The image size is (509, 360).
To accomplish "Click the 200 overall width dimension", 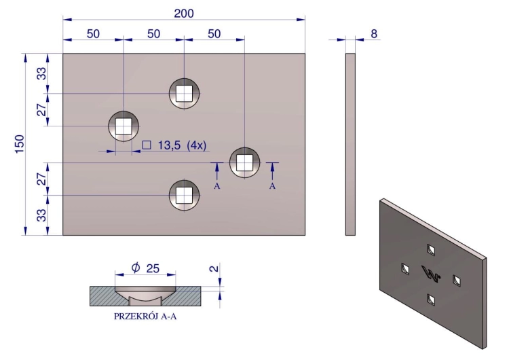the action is click(184, 14).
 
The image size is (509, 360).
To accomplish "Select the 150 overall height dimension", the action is click(20, 144).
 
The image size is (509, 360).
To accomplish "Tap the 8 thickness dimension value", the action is click(374, 33).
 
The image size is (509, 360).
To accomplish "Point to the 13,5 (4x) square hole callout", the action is click(182, 145).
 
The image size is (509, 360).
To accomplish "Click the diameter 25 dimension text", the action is click(145, 268).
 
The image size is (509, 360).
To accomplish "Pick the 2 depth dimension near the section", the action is click(214, 268).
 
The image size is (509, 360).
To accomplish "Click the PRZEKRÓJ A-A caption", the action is click(145, 316).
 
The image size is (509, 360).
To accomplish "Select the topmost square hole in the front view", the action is click(184, 93).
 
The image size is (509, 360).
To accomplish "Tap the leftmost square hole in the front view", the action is click(124, 126).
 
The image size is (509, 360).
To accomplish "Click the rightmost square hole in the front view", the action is click(244, 162).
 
